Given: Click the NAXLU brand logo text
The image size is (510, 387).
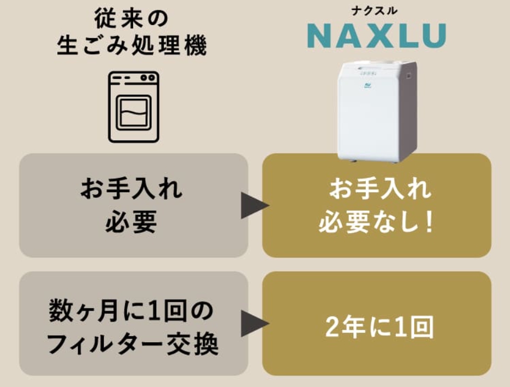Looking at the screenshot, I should pos(376,35).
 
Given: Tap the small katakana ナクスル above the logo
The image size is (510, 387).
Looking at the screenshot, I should pos(376,10).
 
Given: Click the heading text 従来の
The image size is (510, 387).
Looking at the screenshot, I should pos(132,18).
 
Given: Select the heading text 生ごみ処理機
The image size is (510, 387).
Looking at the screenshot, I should pos(132,46).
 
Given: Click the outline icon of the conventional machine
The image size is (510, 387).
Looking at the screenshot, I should pos(133,107).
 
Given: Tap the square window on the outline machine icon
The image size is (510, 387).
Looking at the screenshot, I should pos(133,113).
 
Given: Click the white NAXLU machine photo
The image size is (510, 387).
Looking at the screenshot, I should pos(377,112).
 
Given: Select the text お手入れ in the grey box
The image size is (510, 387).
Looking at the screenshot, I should pos(132,190).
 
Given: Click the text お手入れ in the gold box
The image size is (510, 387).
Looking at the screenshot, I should pos(377,190).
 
